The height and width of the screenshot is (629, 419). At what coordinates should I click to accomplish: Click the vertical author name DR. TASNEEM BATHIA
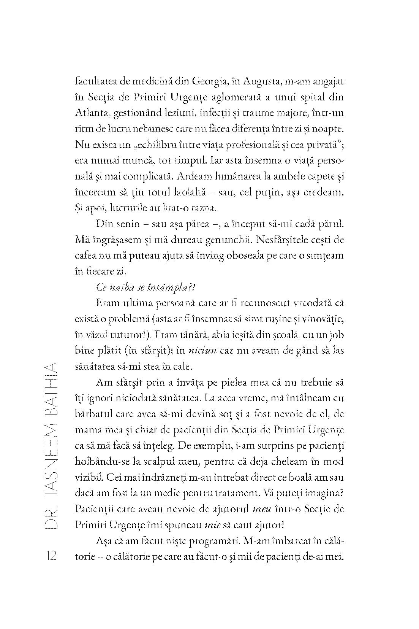pyautogui.click(x=51, y=445)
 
